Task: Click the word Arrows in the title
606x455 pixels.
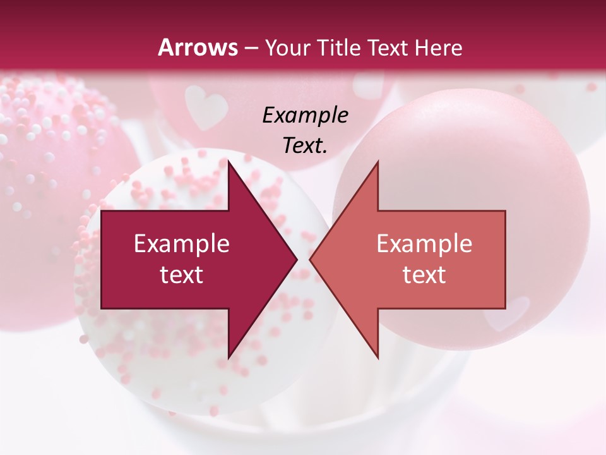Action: click(198, 47)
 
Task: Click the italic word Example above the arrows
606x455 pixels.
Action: click(305, 115)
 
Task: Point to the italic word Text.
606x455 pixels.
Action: click(305, 145)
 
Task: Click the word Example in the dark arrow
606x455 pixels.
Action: click(181, 244)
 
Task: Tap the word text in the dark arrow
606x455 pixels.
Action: click(181, 275)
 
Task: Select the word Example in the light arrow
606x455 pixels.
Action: click(424, 244)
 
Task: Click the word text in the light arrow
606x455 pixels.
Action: click(424, 275)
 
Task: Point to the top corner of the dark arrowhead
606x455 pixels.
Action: click(229, 162)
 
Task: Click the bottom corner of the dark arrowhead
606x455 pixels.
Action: click(229, 357)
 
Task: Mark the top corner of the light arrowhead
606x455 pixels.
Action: click(377, 162)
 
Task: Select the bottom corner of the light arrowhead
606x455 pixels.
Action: click(377, 357)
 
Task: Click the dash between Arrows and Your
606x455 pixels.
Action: click(251, 48)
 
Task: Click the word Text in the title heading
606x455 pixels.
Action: click(388, 47)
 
